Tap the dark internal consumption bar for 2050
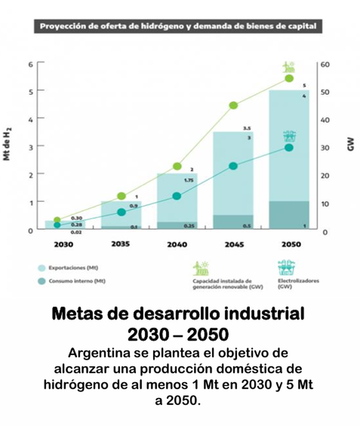[x=289, y=215]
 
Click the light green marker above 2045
[x=234, y=105]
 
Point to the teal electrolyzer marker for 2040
[x=177, y=196]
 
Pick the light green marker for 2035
[x=121, y=196]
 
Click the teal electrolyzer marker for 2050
[x=289, y=148]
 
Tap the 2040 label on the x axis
[x=177, y=244]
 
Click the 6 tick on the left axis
[x=30, y=64]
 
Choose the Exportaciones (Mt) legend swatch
[x=42, y=268]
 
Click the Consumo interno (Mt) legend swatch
[x=42, y=281]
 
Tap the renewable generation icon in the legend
[x=201, y=268]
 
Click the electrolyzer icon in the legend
[x=285, y=268]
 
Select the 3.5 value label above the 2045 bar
[x=247, y=128]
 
